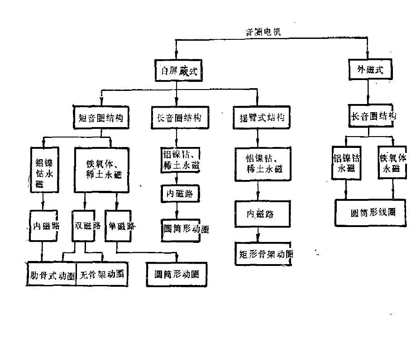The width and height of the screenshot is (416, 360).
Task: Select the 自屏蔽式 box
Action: click(x=176, y=71)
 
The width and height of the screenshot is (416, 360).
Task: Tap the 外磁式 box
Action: click(x=367, y=70)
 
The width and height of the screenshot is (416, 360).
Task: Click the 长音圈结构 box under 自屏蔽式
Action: click(x=176, y=118)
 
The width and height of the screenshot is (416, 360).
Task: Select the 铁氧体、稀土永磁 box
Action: click(x=102, y=170)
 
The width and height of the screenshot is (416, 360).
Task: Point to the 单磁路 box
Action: click(x=121, y=226)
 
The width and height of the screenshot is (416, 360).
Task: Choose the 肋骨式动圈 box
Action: click(x=50, y=275)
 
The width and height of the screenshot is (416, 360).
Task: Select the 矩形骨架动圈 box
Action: click(x=264, y=254)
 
